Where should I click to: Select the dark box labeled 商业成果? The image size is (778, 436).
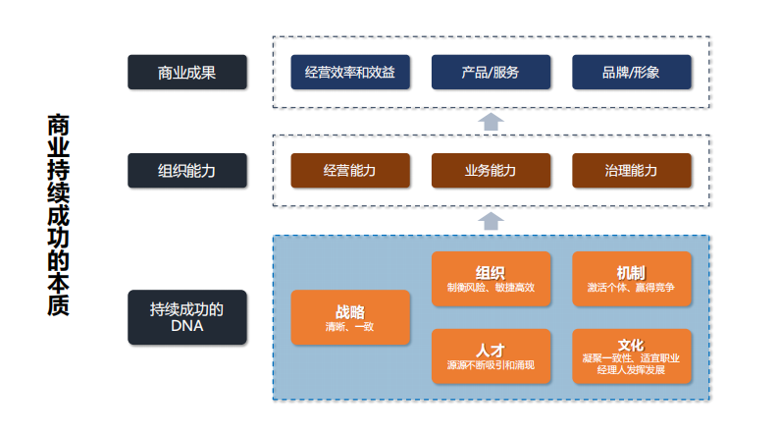tap(186, 72)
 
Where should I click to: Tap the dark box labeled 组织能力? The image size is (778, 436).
tap(186, 170)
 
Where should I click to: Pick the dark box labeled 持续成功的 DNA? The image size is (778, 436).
tap(186, 316)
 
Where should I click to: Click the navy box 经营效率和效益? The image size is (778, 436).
tap(350, 72)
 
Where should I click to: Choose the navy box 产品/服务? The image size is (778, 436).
tap(491, 72)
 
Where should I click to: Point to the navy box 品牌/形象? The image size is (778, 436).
tap(631, 72)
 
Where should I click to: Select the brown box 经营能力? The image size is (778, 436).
tap(350, 170)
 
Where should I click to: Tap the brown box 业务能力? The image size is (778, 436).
tap(491, 170)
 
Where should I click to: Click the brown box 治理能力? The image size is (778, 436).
tap(631, 170)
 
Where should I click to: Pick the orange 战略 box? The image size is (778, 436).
tap(350, 316)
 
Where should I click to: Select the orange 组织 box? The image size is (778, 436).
tap(491, 278)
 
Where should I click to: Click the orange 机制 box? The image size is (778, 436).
tap(631, 278)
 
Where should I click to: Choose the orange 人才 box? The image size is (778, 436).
tap(491, 355)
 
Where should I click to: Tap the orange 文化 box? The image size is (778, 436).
tap(631, 355)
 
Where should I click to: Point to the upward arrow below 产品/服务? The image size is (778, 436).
tap(491, 121)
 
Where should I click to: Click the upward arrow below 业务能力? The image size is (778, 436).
tap(491, 219)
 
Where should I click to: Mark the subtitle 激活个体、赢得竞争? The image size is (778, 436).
tap(631, 288)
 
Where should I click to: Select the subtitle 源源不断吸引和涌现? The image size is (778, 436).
tap(491, 365)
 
